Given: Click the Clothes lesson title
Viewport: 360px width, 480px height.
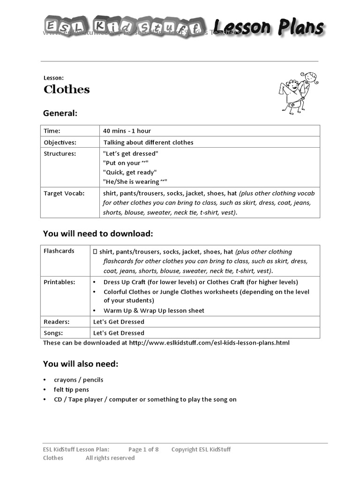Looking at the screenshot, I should [x=67, y=90].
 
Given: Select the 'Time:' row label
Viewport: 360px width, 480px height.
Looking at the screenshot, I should [x=52, y=131].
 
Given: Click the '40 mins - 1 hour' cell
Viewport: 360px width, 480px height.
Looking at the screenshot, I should [x=127, y=131].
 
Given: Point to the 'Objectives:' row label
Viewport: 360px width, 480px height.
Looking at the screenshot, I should [x=60, y=142].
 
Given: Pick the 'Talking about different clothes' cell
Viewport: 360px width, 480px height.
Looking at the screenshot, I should [x=148, y=142].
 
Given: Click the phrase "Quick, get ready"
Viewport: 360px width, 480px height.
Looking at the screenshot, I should [x=130, y=172].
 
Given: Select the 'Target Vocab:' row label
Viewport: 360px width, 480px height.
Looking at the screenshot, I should [x=64, y=193].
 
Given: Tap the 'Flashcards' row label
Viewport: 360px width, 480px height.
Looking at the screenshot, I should [x=59, y=251].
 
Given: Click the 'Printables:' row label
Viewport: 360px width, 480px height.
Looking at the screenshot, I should [x=60, y=282].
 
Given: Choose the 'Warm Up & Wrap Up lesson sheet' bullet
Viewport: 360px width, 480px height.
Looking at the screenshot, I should [x=154, y=310].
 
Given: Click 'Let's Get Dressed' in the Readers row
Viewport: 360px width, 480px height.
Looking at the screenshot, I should [x=119, y=322].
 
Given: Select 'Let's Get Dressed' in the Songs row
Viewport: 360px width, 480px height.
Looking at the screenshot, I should [x=119, y=333].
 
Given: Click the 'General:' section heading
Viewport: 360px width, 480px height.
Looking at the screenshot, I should [x=60, y=113].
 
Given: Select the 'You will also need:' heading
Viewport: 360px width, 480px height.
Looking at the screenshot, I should [x=81, y=364].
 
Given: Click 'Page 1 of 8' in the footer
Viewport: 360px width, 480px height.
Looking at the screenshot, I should [x=143, y=449].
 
